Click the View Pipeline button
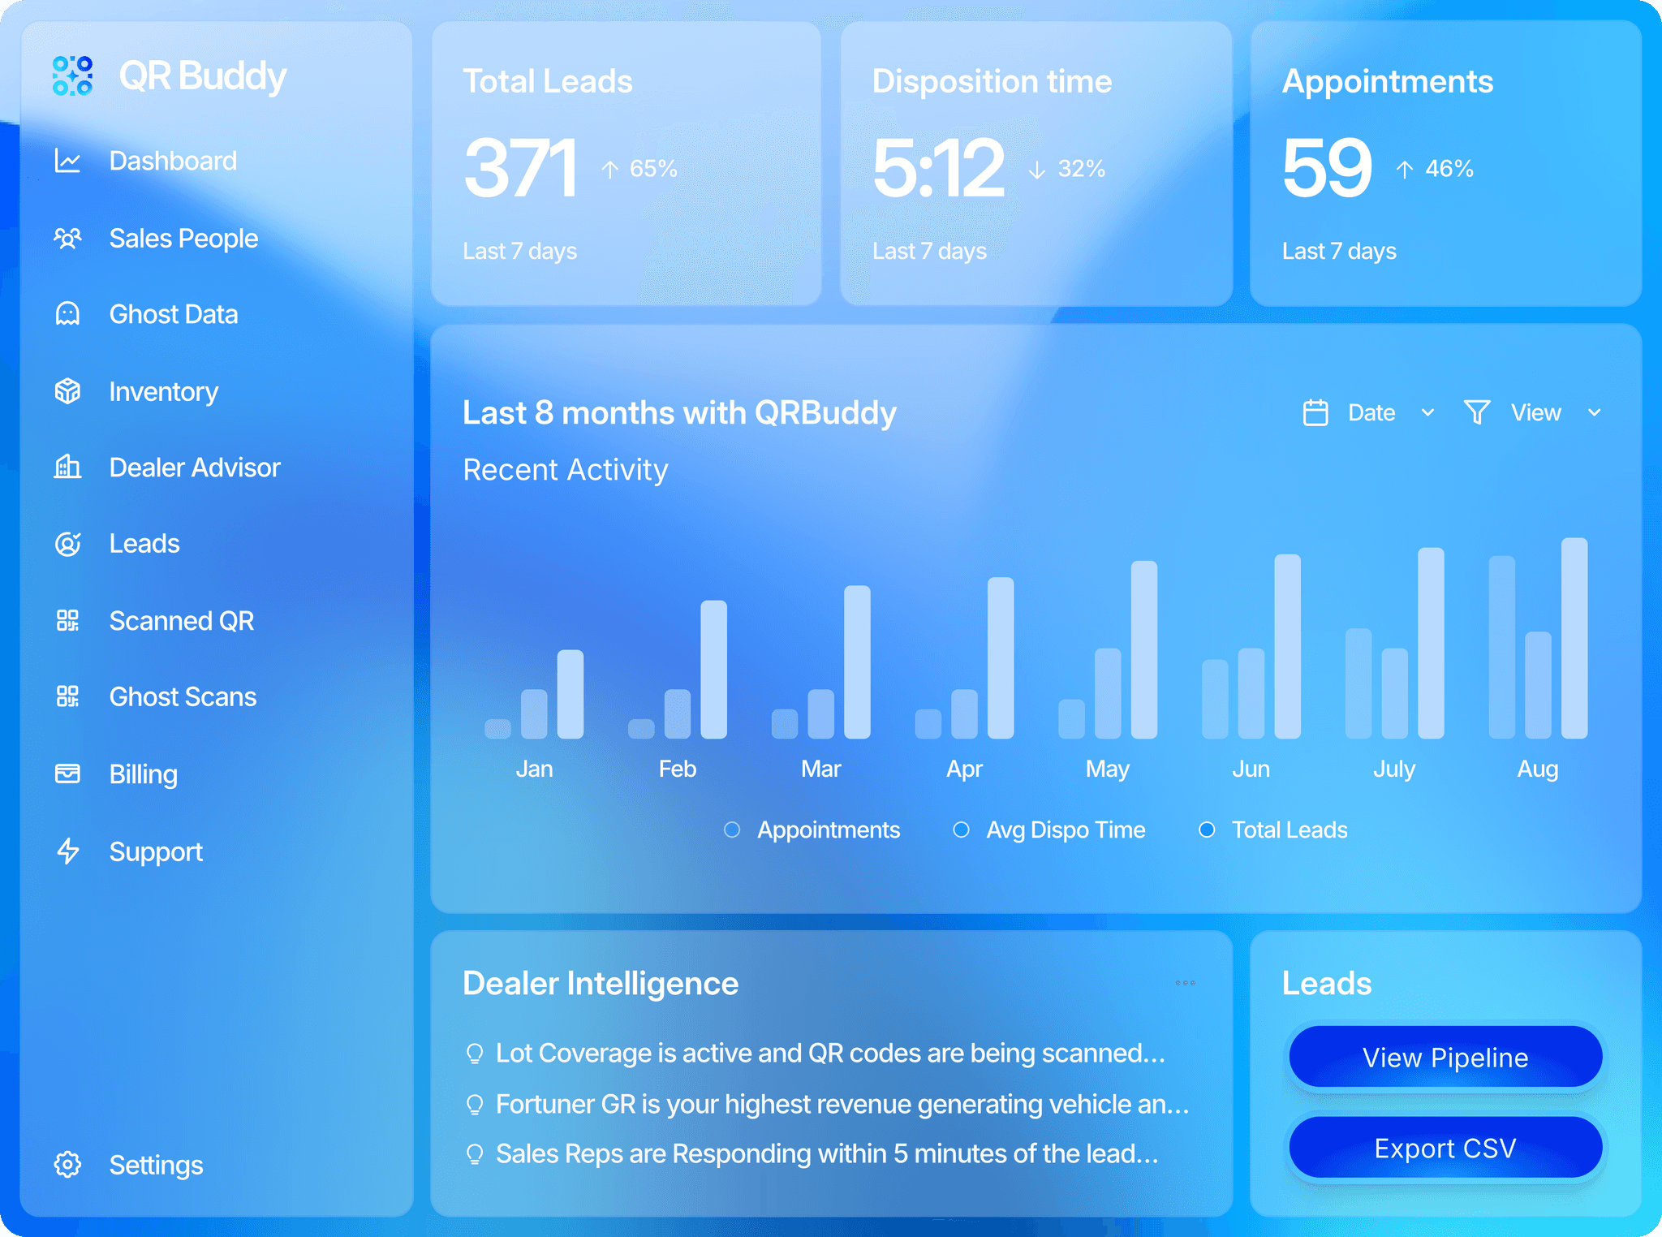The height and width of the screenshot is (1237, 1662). (1445, 1057)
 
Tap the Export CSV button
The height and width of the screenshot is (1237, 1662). (1445, 1148)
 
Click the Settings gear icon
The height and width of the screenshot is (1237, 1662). (67, 1165)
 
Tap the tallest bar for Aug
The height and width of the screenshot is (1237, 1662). (1574, 638)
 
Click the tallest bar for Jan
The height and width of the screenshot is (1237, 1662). (571, 694)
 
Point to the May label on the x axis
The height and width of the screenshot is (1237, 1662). (1108, 769)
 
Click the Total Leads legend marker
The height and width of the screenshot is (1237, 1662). (1207, 830)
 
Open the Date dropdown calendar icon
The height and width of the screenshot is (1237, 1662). (1315, 412)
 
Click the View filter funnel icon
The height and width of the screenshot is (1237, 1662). (1477, 412)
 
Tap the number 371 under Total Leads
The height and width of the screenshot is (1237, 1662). (520, 168)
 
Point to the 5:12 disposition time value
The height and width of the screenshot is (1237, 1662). (938, 168)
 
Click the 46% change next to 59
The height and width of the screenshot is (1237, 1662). (1449, 168)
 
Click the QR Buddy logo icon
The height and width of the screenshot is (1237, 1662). (72, 75)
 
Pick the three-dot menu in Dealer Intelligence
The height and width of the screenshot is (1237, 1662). (1185, 983)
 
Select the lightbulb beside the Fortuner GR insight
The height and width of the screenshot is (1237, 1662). (475, 1105)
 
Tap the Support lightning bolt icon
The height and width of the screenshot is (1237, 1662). (68, 851)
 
